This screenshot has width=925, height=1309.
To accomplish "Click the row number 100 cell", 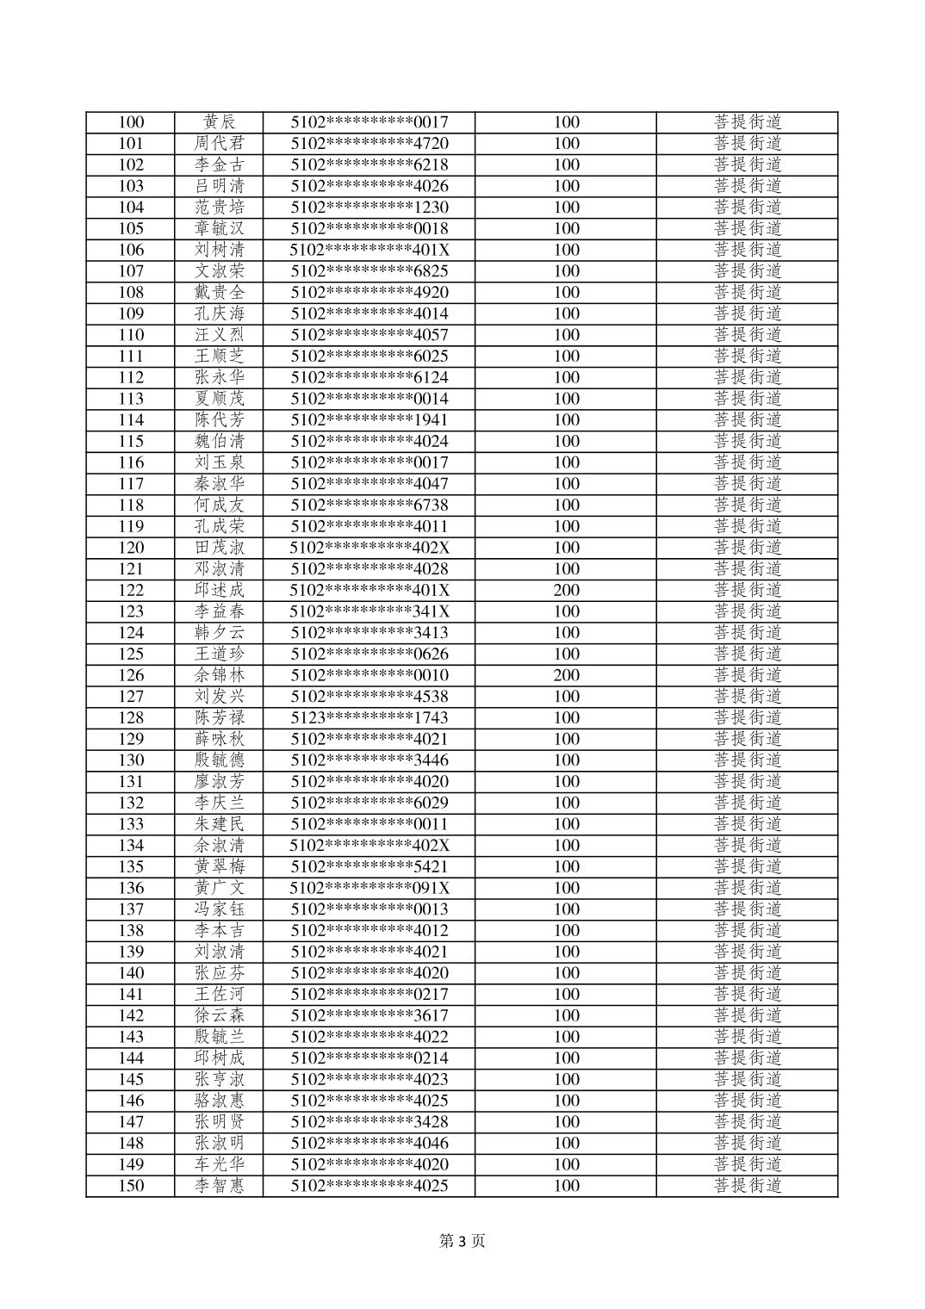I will coord(131,122).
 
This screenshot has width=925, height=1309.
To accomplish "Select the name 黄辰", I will coord(220,122).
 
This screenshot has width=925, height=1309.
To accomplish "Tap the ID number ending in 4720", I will coord(369,144).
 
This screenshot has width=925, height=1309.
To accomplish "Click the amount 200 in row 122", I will coord(566,590).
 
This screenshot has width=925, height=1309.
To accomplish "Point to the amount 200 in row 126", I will coord(566,675).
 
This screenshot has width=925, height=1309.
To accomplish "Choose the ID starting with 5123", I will coord(369,717).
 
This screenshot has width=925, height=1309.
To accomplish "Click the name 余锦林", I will coord(220,675).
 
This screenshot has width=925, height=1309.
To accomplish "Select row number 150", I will coord(131,1186).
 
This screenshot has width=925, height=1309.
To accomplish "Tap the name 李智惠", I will coord(220,1186).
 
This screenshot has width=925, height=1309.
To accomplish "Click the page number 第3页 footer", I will coord(462,1241).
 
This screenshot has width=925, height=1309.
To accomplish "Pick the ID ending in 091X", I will coord(369,888).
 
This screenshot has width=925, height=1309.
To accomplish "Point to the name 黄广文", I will coord(220,888).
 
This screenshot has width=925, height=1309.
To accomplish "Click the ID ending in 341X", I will coord(369,611).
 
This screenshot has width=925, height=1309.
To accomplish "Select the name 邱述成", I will coord(220,590).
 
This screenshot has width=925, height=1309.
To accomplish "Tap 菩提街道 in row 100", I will coord(748,122).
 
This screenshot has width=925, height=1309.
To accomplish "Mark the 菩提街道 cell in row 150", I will coord(748,1186).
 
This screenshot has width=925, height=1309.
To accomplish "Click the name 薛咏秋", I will coord(220,739).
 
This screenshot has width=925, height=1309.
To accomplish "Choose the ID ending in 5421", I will coord(369,866).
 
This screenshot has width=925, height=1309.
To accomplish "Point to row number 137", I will coord(131,909).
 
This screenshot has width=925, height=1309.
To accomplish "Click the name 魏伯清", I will coord(220,441).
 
